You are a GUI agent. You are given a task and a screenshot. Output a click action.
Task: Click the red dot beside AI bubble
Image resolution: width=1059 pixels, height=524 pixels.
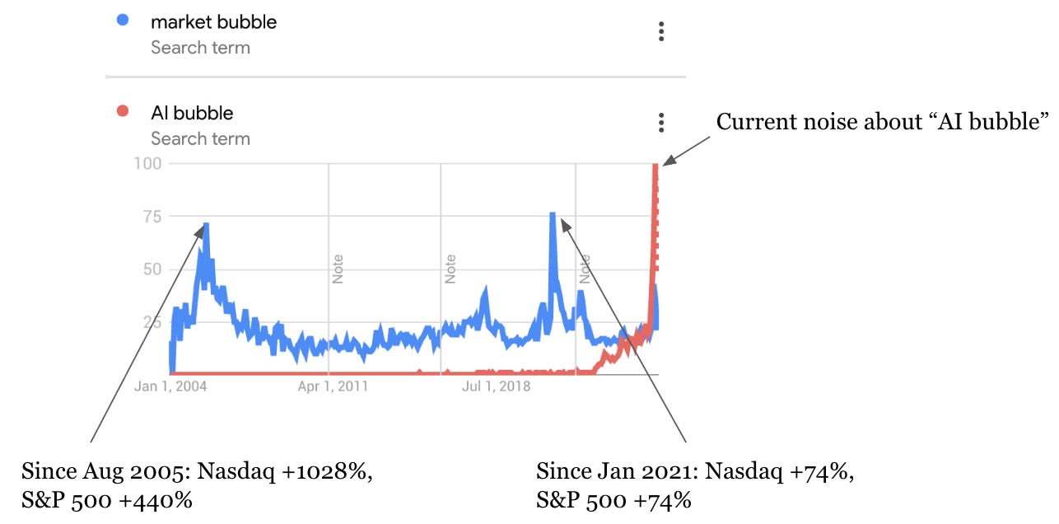pyautogui.click(x=123, y=112)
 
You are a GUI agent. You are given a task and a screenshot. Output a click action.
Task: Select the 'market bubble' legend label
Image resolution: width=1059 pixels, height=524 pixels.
pyautogui.click(x=213, y=23)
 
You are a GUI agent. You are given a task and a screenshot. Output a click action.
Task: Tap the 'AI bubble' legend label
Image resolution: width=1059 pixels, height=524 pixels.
pyautogui.click(x=192, y=113)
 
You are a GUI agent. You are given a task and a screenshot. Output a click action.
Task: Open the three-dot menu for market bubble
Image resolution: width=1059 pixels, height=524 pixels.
pyautogui.click(x=660, y=32)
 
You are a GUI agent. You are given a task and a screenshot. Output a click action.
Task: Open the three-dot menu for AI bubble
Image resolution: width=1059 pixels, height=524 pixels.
pyautogui.click(x=660, y=123)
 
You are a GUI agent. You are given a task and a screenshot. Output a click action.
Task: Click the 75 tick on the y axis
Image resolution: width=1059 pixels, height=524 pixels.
pyautogui.click(x=152, y=216)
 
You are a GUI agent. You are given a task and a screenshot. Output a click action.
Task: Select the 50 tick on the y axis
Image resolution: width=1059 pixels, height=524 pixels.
pyautogui.click(x=152, y=269)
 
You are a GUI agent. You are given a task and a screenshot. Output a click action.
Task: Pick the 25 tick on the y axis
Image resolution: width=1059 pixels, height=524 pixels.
pyautogui.click(x=152, y=321)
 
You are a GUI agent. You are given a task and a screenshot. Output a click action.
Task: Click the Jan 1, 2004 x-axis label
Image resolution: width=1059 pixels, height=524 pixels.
pyautogui.click(x=170, y=386)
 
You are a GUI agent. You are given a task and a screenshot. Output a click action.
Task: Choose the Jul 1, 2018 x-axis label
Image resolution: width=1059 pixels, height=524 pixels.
pyautogui.click(x=497, y=386)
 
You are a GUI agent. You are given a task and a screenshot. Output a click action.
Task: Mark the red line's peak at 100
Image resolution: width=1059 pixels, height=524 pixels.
pyautogui.click(x=656, y=166)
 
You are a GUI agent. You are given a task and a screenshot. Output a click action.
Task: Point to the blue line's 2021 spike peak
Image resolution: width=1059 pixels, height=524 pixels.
pyautogui.click(x=553, y=214)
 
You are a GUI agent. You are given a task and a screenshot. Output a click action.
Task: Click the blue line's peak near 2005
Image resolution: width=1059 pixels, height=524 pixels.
pyautogui.click(x=206, y=224)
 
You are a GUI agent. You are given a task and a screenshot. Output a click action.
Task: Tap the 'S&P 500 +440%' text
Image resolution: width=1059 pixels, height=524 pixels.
pyautogui.click(x=107, y=499)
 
